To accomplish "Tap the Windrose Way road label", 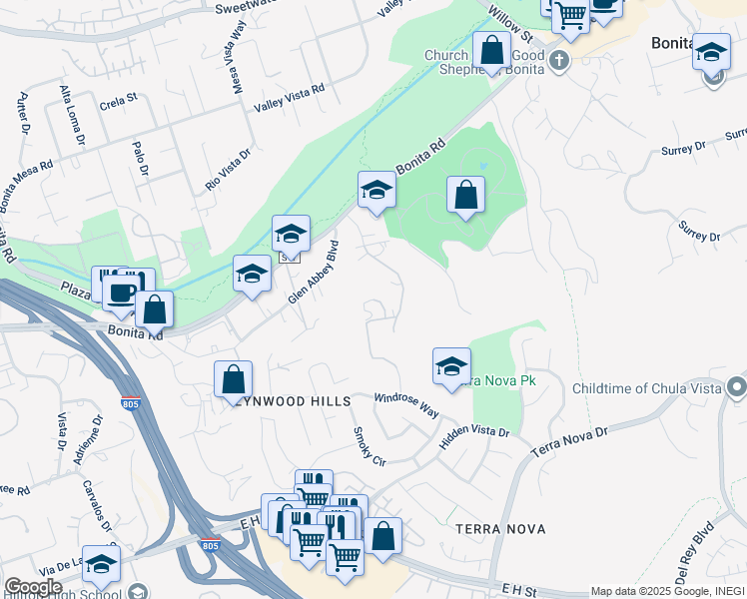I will [406, 403].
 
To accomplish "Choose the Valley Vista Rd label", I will [290, 97].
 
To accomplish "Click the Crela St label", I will [117, 104].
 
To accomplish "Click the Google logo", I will [32, 586].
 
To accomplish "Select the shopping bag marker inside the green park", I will [465, 195].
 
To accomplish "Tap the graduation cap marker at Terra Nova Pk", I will [451, 366].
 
